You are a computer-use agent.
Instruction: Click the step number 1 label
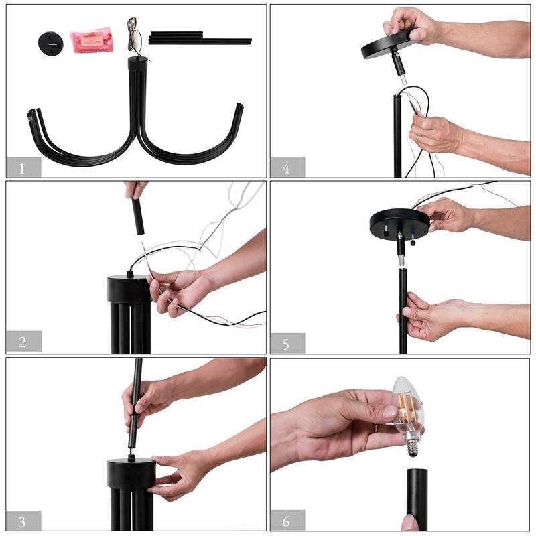pos(22,168)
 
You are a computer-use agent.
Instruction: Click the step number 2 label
pos(23,342)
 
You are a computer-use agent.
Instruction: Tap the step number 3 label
pos(22,522)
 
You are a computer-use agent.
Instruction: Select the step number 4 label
pos(286,168)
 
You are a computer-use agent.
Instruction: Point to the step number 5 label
pos(286,344)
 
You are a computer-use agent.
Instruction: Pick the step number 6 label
pos(286,521)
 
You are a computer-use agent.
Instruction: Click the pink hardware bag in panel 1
pos(91,40)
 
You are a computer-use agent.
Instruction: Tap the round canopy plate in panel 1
pos(51,44)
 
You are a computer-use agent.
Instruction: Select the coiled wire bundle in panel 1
pos(134,36)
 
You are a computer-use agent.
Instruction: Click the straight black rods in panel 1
pos(200,38)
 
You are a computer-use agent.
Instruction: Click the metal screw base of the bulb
pos(412,447)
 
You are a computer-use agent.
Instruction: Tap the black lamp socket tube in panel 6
pos(417,499)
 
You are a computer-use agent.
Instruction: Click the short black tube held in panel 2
pos(138,216)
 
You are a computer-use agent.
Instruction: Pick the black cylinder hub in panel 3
pos(131,474)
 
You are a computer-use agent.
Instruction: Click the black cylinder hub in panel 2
pos(129,289)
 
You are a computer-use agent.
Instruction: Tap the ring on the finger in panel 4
pos(417,138)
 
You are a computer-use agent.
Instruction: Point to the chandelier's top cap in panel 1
pos(138,64)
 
